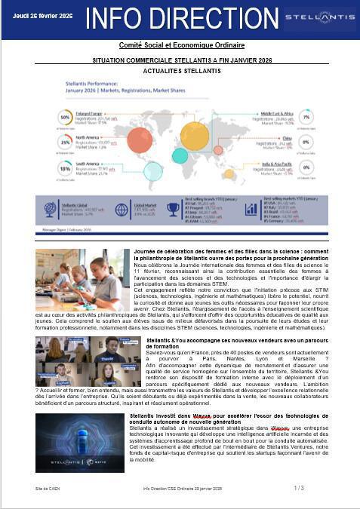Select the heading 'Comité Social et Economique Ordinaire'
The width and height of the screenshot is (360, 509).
[180, 46]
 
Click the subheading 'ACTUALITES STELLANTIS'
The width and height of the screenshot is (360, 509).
[179, 69]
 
